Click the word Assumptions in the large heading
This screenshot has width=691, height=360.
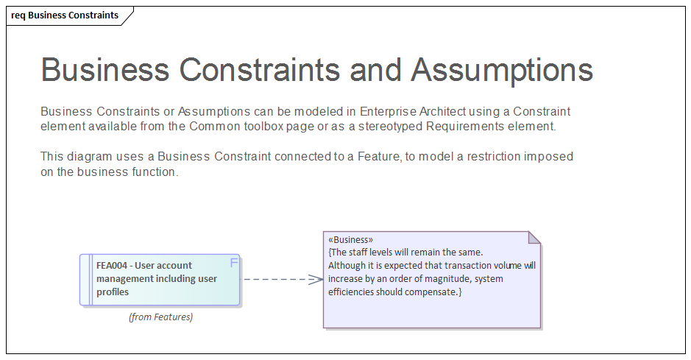(501, 70)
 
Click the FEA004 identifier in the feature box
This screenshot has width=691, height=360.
(113, 266)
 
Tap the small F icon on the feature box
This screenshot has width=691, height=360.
(234, 262)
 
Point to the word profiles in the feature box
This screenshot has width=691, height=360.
(113, 292)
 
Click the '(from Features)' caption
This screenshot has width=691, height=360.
(160, 317)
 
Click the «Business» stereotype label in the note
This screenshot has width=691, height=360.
(350, 240)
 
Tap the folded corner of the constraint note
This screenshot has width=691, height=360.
(535, 237)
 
